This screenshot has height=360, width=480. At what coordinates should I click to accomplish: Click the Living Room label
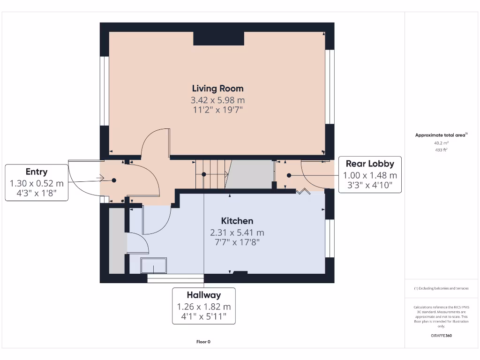pyautogui.click(x=217, y=88)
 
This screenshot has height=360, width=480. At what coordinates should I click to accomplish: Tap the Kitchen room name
pyautogui.click(x=237, y=221)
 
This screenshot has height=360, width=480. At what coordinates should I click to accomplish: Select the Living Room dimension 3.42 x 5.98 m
pyautogui.click(x=217, y=100)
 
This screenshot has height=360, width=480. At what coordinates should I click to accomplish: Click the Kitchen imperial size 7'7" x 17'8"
pyautogui.click(x=237, y=242)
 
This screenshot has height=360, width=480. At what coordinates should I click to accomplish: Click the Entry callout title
pyautogui.click(x=37, y=172)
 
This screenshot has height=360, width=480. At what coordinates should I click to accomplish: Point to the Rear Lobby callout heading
pyautogui.click(x=370, y=164)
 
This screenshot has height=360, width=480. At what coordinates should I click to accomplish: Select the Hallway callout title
pyautogui.click(x=203, y=295)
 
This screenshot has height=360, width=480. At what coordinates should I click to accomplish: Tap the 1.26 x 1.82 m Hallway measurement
pyautogui.click(x=203, y=307)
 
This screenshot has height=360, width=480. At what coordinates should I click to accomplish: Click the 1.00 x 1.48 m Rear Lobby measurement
pyautogui.click(x=370, y=175)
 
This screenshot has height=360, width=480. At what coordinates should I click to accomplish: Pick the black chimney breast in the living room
pyautogui.click(x=218, y=38)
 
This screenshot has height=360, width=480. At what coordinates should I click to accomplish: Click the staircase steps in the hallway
pyautogui.click(x=211, y=174)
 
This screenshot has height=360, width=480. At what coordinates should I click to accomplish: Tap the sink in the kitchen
pyautogui.click(x=154, y=266)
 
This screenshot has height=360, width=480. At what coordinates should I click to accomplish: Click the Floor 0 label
pyautogui.click(x=203, y=342)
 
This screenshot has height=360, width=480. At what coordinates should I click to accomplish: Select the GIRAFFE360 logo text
pyautogui.click(x=441, y=336)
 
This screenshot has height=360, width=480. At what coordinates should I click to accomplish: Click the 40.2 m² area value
pyautogui.click(x=441, y=143)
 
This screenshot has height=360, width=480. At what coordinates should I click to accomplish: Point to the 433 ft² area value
pyautogui.click(x=441, y=150)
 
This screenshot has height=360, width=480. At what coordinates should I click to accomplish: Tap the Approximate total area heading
pyautogui.click(x=441, y=135)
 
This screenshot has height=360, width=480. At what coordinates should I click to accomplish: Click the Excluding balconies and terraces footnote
pyautogui.click(x=441, y=288)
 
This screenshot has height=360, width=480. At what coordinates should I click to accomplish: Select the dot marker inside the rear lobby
pyautogui.click(x=289, y=175)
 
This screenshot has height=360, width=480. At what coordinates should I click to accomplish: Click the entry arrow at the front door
pyautogui.click(x=100, y=178)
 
